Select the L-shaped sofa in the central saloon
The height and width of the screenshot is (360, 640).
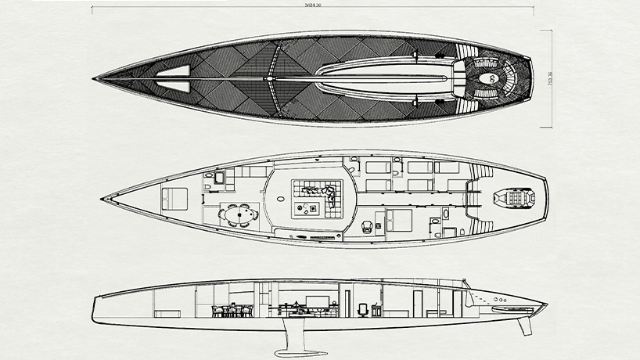pyautogui.click(x=319, y=196)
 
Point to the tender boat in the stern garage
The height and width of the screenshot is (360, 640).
pyautogui.click(x=513, y=199)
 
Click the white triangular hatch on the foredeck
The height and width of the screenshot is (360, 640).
pyautogui.click(x=174, y=77)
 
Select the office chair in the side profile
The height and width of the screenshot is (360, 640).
pyautogui.click(x=362, y=310)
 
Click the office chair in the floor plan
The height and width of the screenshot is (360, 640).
pyautogui.click(x=368, y=225)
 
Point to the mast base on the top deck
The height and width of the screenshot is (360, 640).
pyautogui.click(x=269, y=79)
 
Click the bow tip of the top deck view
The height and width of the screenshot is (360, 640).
pyautogui.click(x=95, y=78)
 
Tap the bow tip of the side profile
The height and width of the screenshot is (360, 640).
pyautogui.click(x=94, y=297)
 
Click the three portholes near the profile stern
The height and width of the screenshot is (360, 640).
pyautogui.click(x=498, y=300)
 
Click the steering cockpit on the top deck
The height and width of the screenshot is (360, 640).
pyautogui.click(x=493, y=78)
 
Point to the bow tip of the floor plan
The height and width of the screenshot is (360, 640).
pyautogui.click(x=102, y=199)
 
